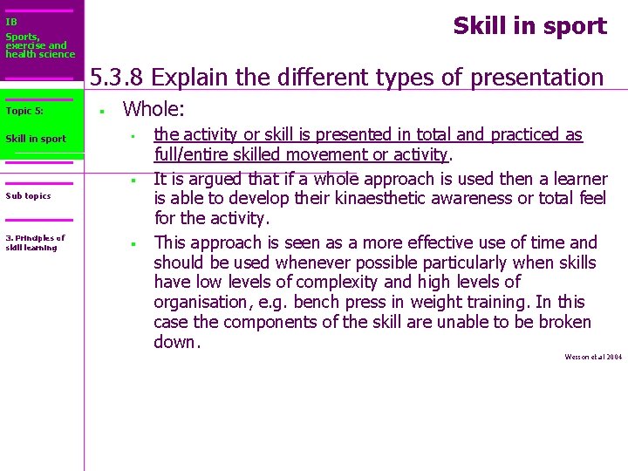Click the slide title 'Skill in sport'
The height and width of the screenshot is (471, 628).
coord(529,26)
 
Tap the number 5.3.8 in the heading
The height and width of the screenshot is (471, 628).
coord(118,78)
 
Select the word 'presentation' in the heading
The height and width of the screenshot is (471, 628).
coord(536,78)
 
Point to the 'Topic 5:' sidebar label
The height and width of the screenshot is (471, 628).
coord(24,111)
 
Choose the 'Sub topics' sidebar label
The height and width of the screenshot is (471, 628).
coord(28,195)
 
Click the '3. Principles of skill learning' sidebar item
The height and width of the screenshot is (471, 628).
coord(35,242)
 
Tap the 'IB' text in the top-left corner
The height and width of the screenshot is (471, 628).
coord(10,22)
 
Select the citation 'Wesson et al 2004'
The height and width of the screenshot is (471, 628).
coord(593,357)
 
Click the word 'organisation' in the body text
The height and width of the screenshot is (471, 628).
coord(201,303)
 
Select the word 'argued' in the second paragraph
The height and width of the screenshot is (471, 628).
coord(209,179)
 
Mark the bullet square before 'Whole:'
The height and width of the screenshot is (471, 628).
coord(102,111)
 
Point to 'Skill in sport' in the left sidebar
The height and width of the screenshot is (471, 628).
coord(36,139)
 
